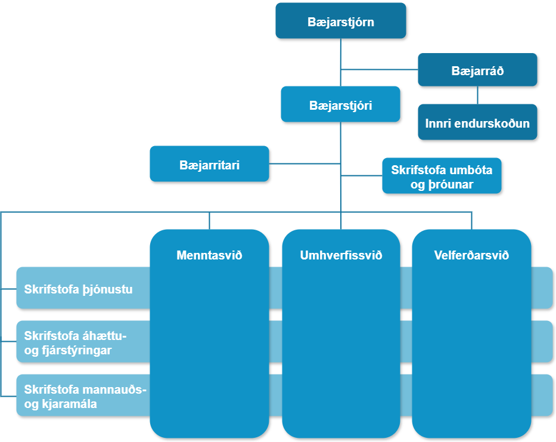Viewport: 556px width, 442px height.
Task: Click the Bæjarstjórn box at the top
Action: point(340,22)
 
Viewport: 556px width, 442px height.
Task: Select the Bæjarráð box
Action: point(477,70)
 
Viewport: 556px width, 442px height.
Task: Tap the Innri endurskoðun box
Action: point(477,123)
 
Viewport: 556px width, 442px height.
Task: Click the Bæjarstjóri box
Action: point(340,105)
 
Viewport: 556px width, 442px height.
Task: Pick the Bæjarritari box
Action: point(209,164)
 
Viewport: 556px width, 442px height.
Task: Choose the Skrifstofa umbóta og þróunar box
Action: point(442,177)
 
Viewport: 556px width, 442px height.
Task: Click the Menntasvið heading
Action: point(209,255)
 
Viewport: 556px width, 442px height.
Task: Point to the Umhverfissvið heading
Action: point(341,255)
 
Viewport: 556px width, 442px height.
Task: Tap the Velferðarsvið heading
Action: point(471,255)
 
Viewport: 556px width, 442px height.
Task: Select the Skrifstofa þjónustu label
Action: point(78,290)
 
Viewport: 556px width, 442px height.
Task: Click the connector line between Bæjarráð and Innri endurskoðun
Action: point(477,95)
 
